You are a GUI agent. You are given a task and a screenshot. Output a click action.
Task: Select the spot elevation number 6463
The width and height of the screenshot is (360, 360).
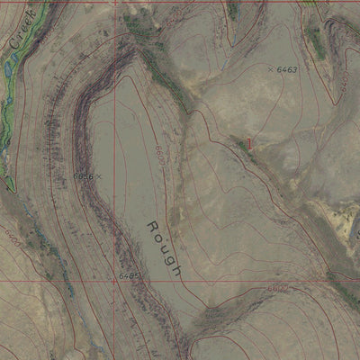point(287,69)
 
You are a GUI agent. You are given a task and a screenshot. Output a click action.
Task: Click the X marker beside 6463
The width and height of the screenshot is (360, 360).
point(270,68)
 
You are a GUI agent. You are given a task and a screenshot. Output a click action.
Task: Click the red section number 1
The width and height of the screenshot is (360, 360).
point(250,142)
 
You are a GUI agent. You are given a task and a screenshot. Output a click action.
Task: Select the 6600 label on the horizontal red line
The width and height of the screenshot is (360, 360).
point(276,287)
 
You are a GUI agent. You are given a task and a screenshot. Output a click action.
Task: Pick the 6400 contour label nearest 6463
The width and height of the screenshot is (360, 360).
point(343,83)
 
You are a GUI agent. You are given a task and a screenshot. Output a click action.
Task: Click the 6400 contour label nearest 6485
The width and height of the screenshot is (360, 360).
point(13,236)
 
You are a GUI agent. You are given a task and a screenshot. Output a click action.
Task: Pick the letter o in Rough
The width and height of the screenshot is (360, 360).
point(157,236)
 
